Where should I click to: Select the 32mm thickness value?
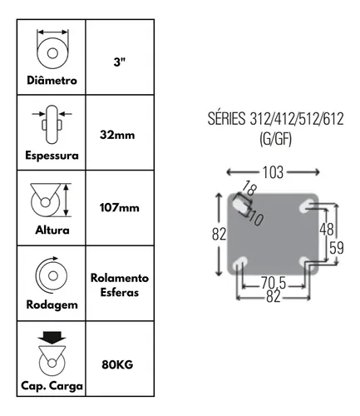117,135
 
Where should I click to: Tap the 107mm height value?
120,207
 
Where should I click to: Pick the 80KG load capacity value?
117,364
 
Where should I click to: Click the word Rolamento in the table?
120,278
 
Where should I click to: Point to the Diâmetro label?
52,80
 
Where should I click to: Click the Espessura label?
52,155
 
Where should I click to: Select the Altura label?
52,230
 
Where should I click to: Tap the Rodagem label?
52,305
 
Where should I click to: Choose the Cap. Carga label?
52,386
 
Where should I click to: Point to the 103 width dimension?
273,172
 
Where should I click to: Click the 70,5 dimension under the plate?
274,283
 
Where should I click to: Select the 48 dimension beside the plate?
327,230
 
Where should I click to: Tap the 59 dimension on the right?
337,248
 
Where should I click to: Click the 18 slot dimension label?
249,188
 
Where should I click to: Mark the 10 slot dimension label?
256,219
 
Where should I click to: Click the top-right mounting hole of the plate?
305,206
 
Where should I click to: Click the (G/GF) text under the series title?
276,139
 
